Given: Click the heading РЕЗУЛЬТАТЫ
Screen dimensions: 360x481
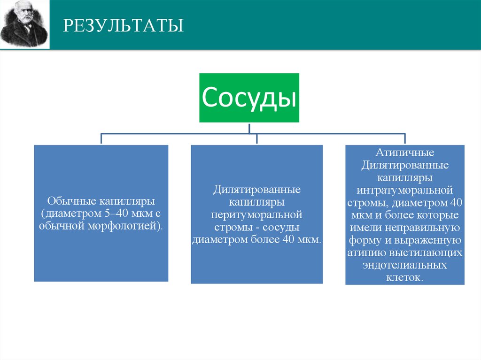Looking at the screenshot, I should point(124,25).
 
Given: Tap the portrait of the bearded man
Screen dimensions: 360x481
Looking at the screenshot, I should point(25,24).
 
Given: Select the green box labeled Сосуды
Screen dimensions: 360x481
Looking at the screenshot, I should point(249,98).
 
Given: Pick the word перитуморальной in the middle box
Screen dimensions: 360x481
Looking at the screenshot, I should point(256,215).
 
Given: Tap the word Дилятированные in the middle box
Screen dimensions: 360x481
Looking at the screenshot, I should point(256,191).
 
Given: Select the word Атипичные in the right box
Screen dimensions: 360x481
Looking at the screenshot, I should point(404,153).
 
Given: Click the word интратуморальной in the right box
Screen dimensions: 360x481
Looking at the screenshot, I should point(404,191).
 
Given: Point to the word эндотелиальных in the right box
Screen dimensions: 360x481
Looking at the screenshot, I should point(404,265).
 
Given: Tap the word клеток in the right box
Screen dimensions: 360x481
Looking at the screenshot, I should point(403,277).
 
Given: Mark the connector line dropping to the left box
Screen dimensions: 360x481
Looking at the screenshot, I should point(101,139).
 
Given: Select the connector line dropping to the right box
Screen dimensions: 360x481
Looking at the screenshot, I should point(405,139).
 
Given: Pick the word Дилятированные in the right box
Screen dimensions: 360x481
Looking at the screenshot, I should point(404,166).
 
